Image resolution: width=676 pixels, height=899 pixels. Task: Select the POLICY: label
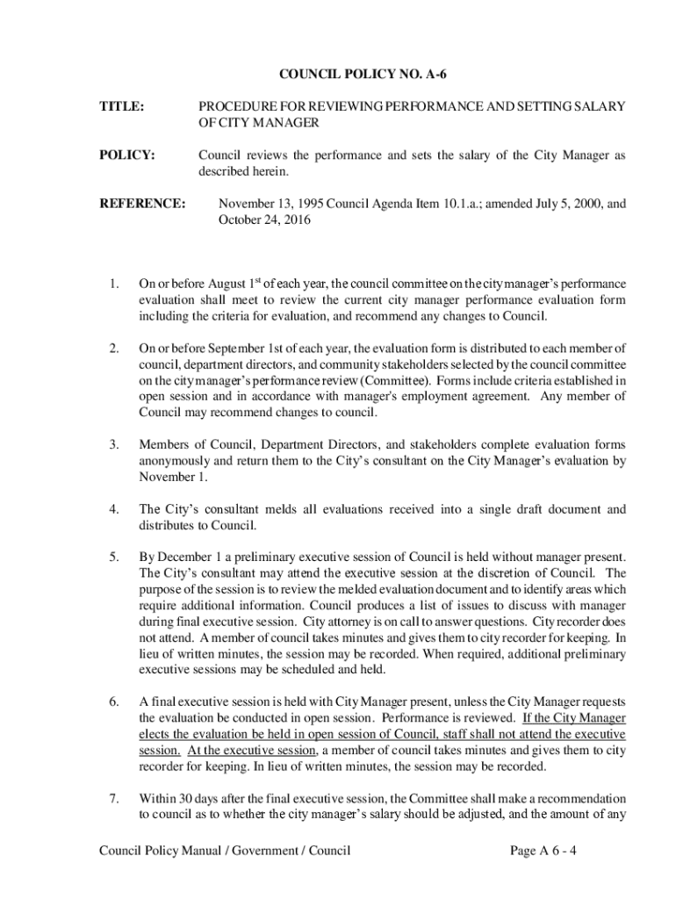tap(126, 155)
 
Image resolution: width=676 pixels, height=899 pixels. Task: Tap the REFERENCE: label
tap(141, 204)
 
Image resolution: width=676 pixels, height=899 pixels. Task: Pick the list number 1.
tap(113, 284)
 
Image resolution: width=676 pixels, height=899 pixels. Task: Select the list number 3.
tap(113, 443)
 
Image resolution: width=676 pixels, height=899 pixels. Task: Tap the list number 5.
tap(113, 557)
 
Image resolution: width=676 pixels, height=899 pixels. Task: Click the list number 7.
tap(113, 799)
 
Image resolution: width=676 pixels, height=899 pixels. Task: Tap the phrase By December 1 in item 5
tap(176, 557)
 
